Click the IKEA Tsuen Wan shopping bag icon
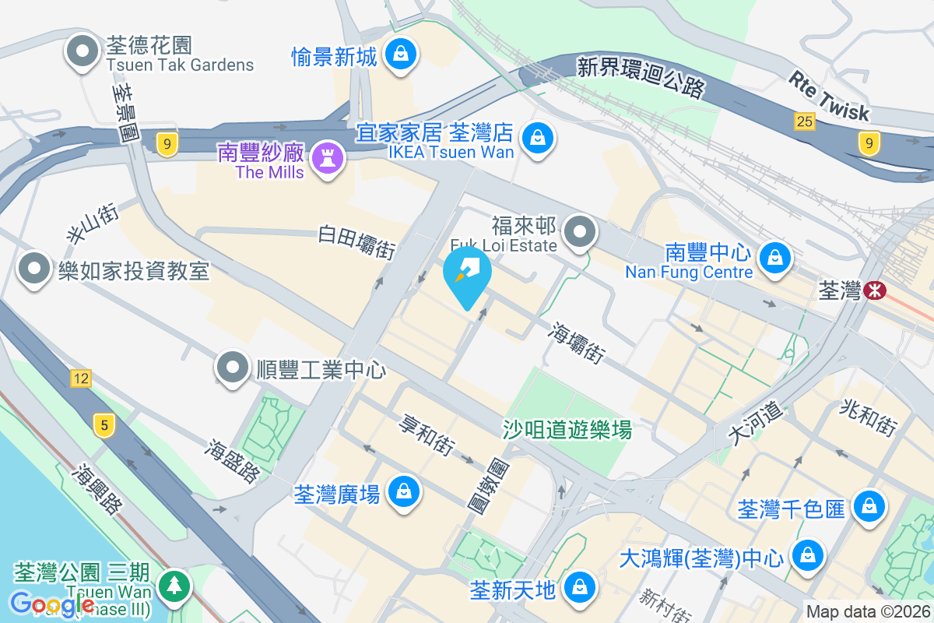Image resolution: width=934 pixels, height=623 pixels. click(x=537, y=139)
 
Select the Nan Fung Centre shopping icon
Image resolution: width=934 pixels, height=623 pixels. click(x=774, y=256)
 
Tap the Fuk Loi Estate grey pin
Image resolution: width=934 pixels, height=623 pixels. click(x=579, y=231)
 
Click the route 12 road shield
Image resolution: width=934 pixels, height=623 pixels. click(x=80, y=378)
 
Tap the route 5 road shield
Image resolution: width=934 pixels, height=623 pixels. click(x=104, y=424)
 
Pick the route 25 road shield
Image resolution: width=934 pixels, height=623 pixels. click(x=804, y=121)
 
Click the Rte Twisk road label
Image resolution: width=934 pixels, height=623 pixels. click(x=828, y=96)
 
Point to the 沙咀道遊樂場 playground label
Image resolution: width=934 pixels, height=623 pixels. click(x=567, y=428)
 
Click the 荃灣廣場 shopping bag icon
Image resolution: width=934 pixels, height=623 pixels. click(x=403, y=491)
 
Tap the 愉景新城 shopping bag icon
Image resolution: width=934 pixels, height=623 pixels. click(x=400, y=54)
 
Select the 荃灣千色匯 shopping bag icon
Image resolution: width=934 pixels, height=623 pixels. click(x=867, y=507)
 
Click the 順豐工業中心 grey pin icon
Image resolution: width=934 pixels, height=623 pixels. click(x=233, y=367)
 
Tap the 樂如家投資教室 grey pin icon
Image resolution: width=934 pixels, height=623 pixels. click(x=33, y=269)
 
